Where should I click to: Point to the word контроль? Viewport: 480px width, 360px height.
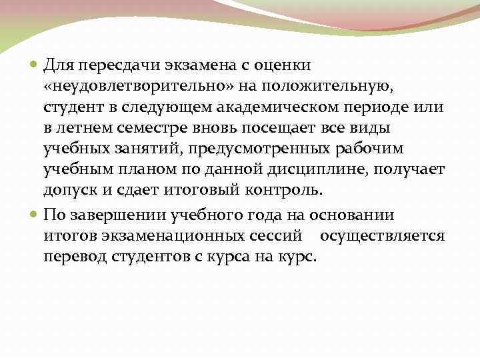point(287,189)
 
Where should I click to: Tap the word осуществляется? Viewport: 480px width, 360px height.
point(382,236)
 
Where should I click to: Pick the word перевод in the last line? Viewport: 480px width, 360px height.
point(77,257)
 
